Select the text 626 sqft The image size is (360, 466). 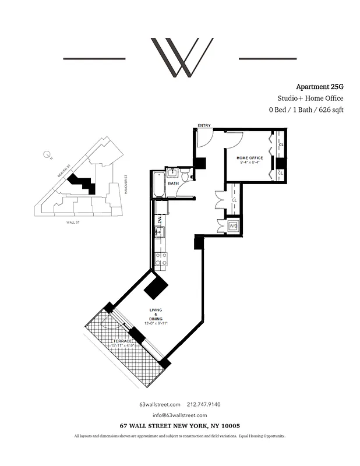point(328,110)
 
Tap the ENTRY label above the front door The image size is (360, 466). point(204,125)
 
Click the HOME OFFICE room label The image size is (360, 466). point(249,158)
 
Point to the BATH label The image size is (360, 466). point(173,183)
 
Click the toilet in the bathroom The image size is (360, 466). point(172,173)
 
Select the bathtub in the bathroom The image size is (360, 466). point(158,185)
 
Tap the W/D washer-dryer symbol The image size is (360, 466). point(233,226)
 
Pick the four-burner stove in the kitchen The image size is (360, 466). point(161,259)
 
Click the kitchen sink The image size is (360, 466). point(159,233)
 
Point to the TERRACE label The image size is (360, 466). point(122,340)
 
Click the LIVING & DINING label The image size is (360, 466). point(156,315)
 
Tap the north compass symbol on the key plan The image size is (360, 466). point(47,155)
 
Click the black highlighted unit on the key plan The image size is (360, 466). point(82,183)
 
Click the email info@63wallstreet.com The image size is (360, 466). point(180,415)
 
